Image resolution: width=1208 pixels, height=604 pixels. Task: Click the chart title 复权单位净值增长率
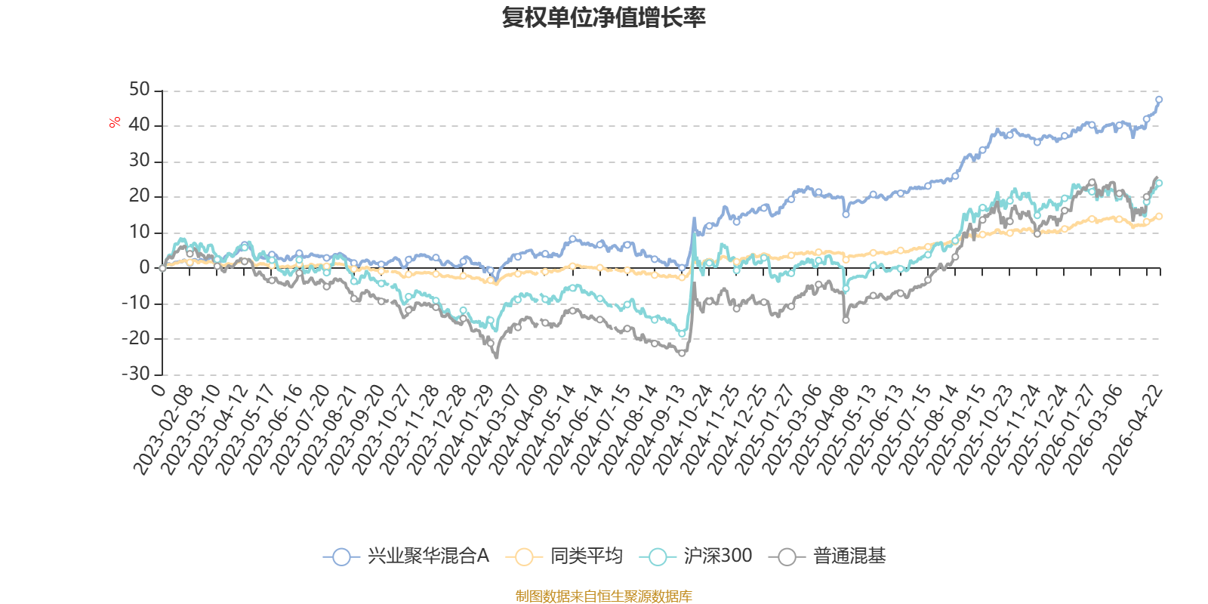603,17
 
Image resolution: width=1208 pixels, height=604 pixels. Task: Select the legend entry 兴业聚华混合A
406,556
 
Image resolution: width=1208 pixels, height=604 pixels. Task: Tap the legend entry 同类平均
564,556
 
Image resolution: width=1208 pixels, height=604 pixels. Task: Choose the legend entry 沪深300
695,556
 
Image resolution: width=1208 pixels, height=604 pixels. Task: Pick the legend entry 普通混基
827,556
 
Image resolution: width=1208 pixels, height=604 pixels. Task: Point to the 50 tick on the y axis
139,90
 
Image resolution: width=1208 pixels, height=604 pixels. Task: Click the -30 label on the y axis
135,373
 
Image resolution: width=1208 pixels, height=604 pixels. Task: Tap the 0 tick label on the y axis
144,267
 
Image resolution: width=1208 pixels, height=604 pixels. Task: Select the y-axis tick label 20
139,196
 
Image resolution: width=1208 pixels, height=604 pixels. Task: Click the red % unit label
114,122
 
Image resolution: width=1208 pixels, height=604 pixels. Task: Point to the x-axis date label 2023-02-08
163,430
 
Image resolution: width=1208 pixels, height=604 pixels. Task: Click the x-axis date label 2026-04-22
1132,430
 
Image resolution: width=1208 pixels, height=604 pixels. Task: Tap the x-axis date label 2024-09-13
656,430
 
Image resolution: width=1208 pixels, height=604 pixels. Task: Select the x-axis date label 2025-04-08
820,430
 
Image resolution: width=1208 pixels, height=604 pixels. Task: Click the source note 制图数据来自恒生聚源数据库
603,596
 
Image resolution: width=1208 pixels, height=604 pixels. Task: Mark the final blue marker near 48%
1158,100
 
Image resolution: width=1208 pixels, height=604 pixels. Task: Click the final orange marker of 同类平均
1159,216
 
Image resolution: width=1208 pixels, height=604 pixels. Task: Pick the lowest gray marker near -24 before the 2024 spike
682,353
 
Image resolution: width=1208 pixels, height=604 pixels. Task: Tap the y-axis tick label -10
135,303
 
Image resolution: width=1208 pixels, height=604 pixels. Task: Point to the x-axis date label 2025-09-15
957,430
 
